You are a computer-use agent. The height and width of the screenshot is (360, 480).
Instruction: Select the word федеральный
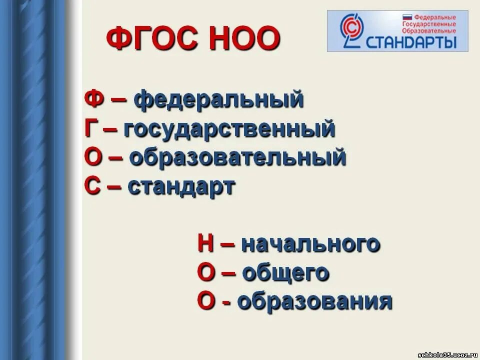point(219,99)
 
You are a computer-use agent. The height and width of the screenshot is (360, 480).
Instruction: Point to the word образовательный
point(237,158)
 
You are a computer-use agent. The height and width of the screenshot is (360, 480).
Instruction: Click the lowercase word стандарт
point(181,187)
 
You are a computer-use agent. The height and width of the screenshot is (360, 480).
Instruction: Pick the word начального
point(310,244)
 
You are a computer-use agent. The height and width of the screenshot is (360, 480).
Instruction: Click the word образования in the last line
point(314,302)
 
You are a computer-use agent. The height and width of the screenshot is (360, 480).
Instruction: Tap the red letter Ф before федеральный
point(93,99)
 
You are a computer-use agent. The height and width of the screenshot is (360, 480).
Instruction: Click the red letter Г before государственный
point(90,129)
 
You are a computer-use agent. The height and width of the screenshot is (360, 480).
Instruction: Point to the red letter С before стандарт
point(92,187)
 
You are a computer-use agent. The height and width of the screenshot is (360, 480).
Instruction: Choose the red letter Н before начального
point(206,244)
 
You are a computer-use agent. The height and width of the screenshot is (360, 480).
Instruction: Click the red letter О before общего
point(206,273)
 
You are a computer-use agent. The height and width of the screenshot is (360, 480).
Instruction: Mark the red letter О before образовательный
point(93,158)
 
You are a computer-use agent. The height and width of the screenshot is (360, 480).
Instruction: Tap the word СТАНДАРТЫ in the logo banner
point(411,41)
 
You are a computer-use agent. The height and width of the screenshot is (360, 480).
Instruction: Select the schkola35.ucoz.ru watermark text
point(447,354)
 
